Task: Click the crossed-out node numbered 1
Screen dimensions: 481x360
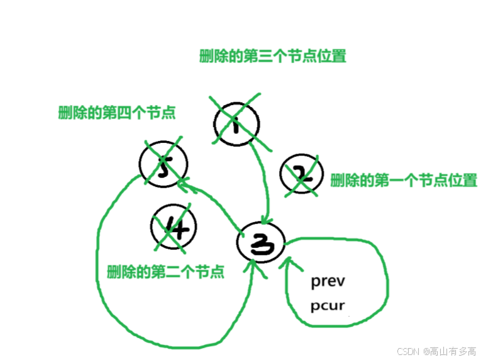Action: click(x=236, y=124)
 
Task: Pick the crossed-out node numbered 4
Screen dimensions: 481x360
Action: click(x=174, y=227)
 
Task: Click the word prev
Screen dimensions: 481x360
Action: click(x=328, y=281)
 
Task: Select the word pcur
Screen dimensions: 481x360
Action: click(x=328, y=307)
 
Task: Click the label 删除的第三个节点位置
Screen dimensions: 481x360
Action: click(x=272, y=56)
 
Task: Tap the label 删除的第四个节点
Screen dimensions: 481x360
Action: click(x=116, y=113)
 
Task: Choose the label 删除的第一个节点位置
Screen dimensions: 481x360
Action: click(x=403, y=180)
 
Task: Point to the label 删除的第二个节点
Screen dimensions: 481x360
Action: click(x=166, y=272)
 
